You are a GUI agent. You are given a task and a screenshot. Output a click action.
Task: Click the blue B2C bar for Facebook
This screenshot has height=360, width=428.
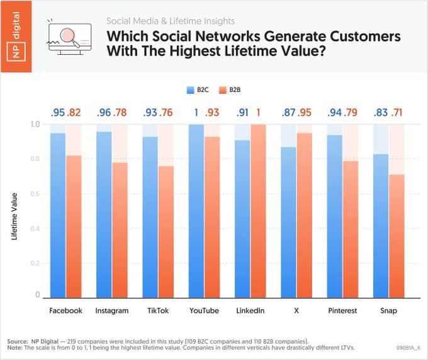58,214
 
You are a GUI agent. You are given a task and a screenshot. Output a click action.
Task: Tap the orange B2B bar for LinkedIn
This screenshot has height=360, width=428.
258,211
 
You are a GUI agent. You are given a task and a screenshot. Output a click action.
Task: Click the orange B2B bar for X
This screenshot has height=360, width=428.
305,214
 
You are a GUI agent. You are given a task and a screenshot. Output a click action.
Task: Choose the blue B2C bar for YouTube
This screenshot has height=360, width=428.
196,211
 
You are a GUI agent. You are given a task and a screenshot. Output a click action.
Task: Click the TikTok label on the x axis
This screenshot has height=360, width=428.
157,310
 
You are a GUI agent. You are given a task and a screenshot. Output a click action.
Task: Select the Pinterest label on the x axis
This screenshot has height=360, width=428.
343,310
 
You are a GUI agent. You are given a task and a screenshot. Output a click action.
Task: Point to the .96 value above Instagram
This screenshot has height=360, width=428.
104,113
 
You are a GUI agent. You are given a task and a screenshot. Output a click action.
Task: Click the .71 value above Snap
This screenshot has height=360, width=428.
397,113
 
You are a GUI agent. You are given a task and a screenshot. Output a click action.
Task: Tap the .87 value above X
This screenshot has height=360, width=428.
289,113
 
